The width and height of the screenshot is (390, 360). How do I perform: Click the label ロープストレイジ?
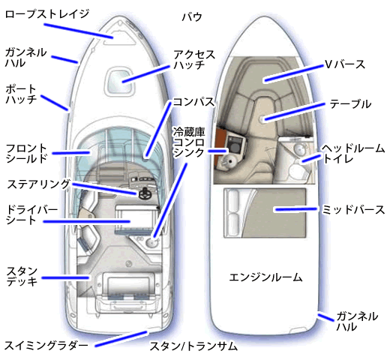47,14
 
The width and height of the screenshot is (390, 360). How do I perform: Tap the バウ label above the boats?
192,17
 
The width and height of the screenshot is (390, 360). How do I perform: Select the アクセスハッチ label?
194,59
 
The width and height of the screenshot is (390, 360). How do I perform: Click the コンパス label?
193,102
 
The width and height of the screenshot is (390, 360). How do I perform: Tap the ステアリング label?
38,184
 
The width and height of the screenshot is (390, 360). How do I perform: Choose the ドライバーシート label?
31,215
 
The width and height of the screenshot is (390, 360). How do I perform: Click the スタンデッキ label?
22,276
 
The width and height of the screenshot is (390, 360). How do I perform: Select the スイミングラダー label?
46,346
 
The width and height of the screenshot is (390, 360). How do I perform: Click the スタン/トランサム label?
193,346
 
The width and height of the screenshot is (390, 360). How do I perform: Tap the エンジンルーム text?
265,277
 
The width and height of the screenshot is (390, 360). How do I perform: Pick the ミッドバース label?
353,209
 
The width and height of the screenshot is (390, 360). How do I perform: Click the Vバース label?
345,64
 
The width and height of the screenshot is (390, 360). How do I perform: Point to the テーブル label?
350,104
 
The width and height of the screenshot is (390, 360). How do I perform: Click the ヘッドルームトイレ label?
353,154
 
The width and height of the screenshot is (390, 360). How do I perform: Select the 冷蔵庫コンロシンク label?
189,142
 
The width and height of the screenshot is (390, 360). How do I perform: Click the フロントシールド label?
26,154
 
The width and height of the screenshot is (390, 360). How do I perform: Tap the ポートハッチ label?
21,94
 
